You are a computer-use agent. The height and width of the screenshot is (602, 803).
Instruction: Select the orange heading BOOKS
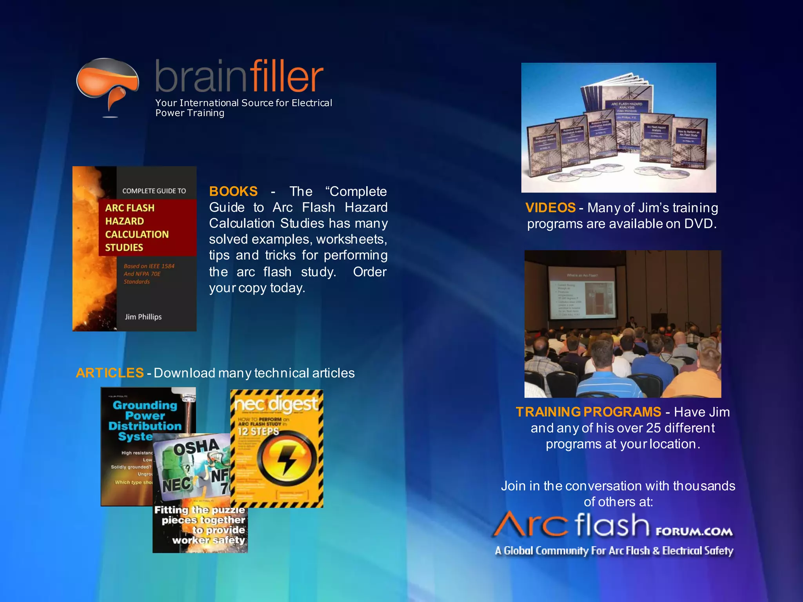pos(233,191)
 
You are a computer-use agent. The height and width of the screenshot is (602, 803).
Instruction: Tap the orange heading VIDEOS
pos(550,208)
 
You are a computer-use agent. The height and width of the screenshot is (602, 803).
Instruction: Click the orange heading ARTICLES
pos(110,373)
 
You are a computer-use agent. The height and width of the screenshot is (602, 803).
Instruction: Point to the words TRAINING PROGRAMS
pos(588,412)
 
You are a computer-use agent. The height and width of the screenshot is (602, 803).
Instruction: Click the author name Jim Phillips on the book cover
pos(143,317)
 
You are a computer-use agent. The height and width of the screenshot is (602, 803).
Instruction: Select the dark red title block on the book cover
pos(147,228)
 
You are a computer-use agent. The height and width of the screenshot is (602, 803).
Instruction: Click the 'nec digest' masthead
pos(276,404)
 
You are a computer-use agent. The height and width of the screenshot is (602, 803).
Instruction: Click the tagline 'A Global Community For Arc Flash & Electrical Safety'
pos(614,551)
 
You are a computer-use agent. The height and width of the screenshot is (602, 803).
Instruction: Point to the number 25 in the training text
pos(653,428)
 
